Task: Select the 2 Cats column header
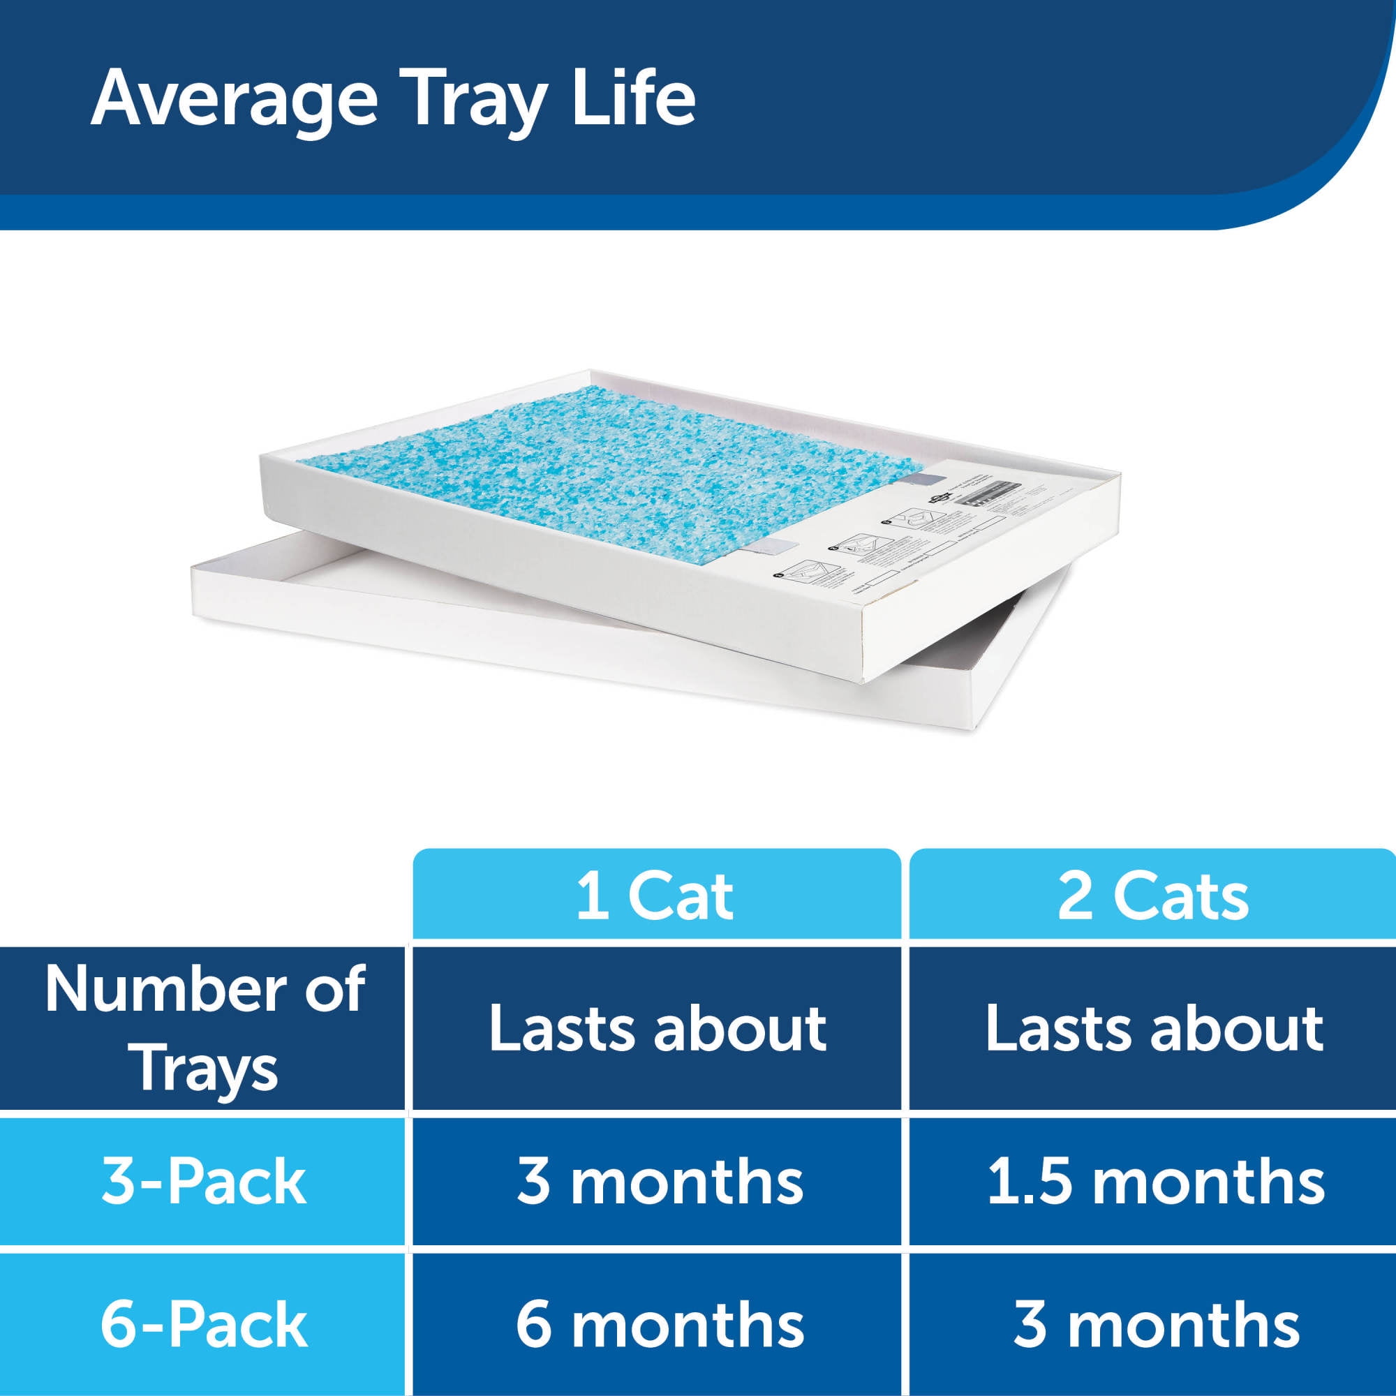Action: click(x=1152, y=897)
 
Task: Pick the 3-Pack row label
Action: click(x=204, y=1182)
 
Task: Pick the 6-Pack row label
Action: click(x=204, y=1323)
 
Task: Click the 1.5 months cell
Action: click(x=1155, y=1182)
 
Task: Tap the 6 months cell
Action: click(x=659, y=1323)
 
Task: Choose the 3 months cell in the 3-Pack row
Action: click(x=659, y=1182)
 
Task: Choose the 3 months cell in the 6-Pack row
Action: click(x=1155, y=1323)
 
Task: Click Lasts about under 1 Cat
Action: click(x=658, y=1028)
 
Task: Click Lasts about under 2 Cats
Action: click(x=1154, y=1028)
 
